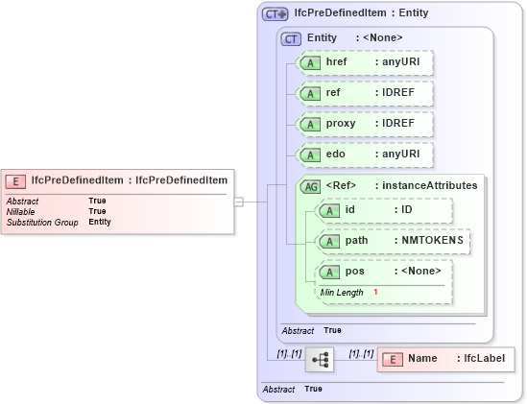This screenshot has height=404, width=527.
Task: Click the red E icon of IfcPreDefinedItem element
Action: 16,179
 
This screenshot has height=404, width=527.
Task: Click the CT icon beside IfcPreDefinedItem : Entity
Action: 275,13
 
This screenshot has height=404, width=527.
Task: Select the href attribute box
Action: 364,62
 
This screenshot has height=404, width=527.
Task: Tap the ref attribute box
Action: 364,93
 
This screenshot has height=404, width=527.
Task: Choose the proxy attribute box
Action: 364,124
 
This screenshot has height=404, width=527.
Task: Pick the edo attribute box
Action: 364,154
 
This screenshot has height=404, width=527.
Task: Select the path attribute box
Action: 394,240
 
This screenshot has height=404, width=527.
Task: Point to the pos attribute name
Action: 355,272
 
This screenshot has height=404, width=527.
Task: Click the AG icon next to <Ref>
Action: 311,186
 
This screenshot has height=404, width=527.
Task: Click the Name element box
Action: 445,359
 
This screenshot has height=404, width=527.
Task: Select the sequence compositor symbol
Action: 319,360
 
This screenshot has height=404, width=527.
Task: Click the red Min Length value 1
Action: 376,292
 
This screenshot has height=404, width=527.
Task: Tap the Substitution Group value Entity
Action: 100,222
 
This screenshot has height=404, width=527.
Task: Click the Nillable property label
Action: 20,211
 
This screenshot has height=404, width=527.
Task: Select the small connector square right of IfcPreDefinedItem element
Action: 239,202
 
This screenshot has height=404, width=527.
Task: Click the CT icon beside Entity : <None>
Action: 291,37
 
